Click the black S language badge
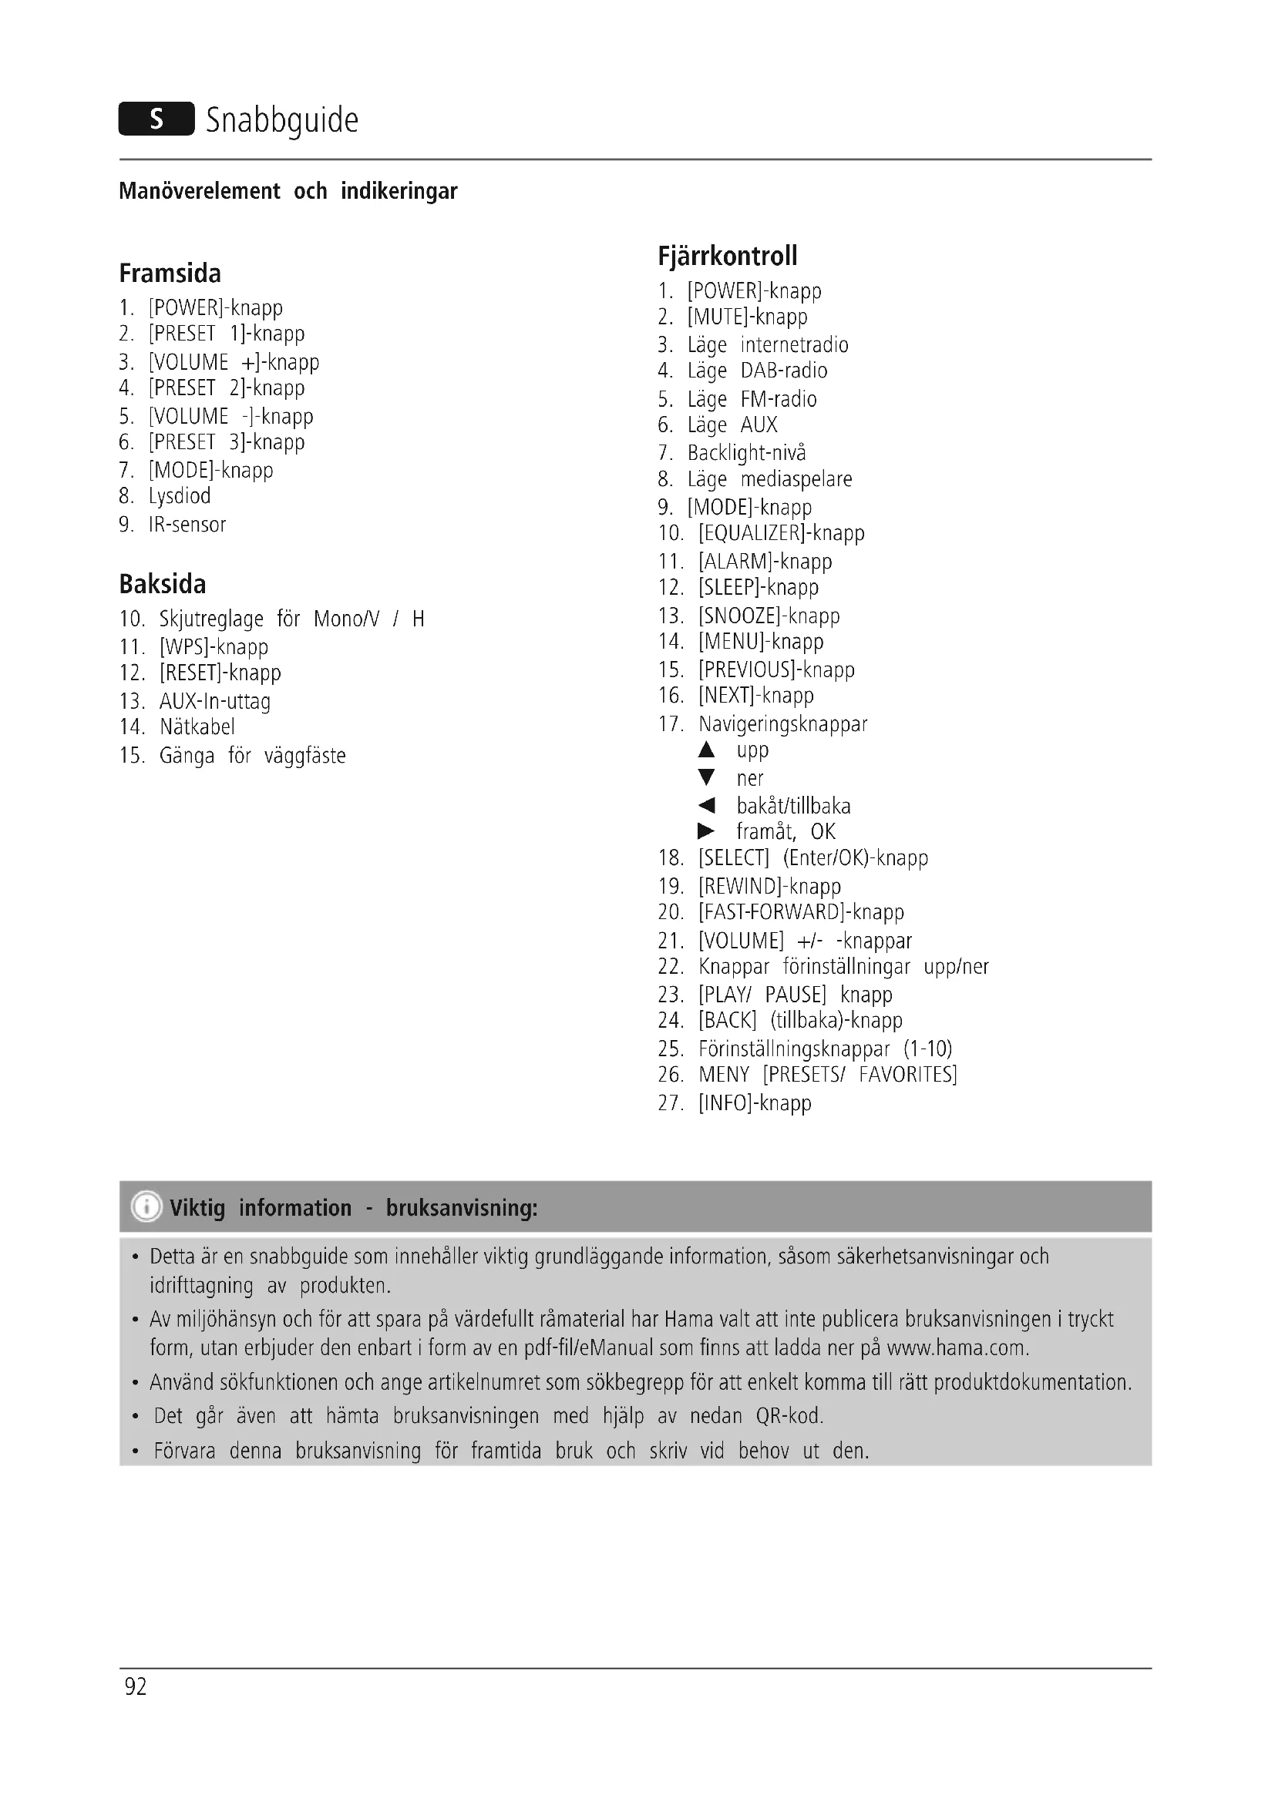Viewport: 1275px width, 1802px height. click(x=156, y=119)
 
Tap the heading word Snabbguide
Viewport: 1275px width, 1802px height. click(x=282, y=121)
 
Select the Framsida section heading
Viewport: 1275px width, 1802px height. click(x=170, y=273)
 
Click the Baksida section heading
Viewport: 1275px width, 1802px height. click(x=163, y=584)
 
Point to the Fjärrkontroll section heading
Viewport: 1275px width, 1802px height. click(x=728, y=256)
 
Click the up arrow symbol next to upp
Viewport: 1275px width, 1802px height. click(x=707, y=750)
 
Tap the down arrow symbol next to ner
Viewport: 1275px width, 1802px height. click(x=707, y=778)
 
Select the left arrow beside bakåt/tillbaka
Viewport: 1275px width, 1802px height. click(x=707, y=805)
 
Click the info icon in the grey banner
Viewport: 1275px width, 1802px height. click(x=146, y=1207)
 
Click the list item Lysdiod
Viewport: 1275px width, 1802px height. click(x=180, y=496)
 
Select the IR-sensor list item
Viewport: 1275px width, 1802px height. click(x=187, y=525)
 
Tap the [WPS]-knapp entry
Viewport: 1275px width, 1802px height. click(x=214, y=646)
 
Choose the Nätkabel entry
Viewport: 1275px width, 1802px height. click(x=197, y=727)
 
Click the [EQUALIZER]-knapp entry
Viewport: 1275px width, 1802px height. click(x=781, y=533)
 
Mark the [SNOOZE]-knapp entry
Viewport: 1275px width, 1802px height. click(x=769, y=616)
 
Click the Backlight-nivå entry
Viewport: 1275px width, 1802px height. click(x=746, y=453)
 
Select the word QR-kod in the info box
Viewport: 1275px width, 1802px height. click(x=789, y=1416)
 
